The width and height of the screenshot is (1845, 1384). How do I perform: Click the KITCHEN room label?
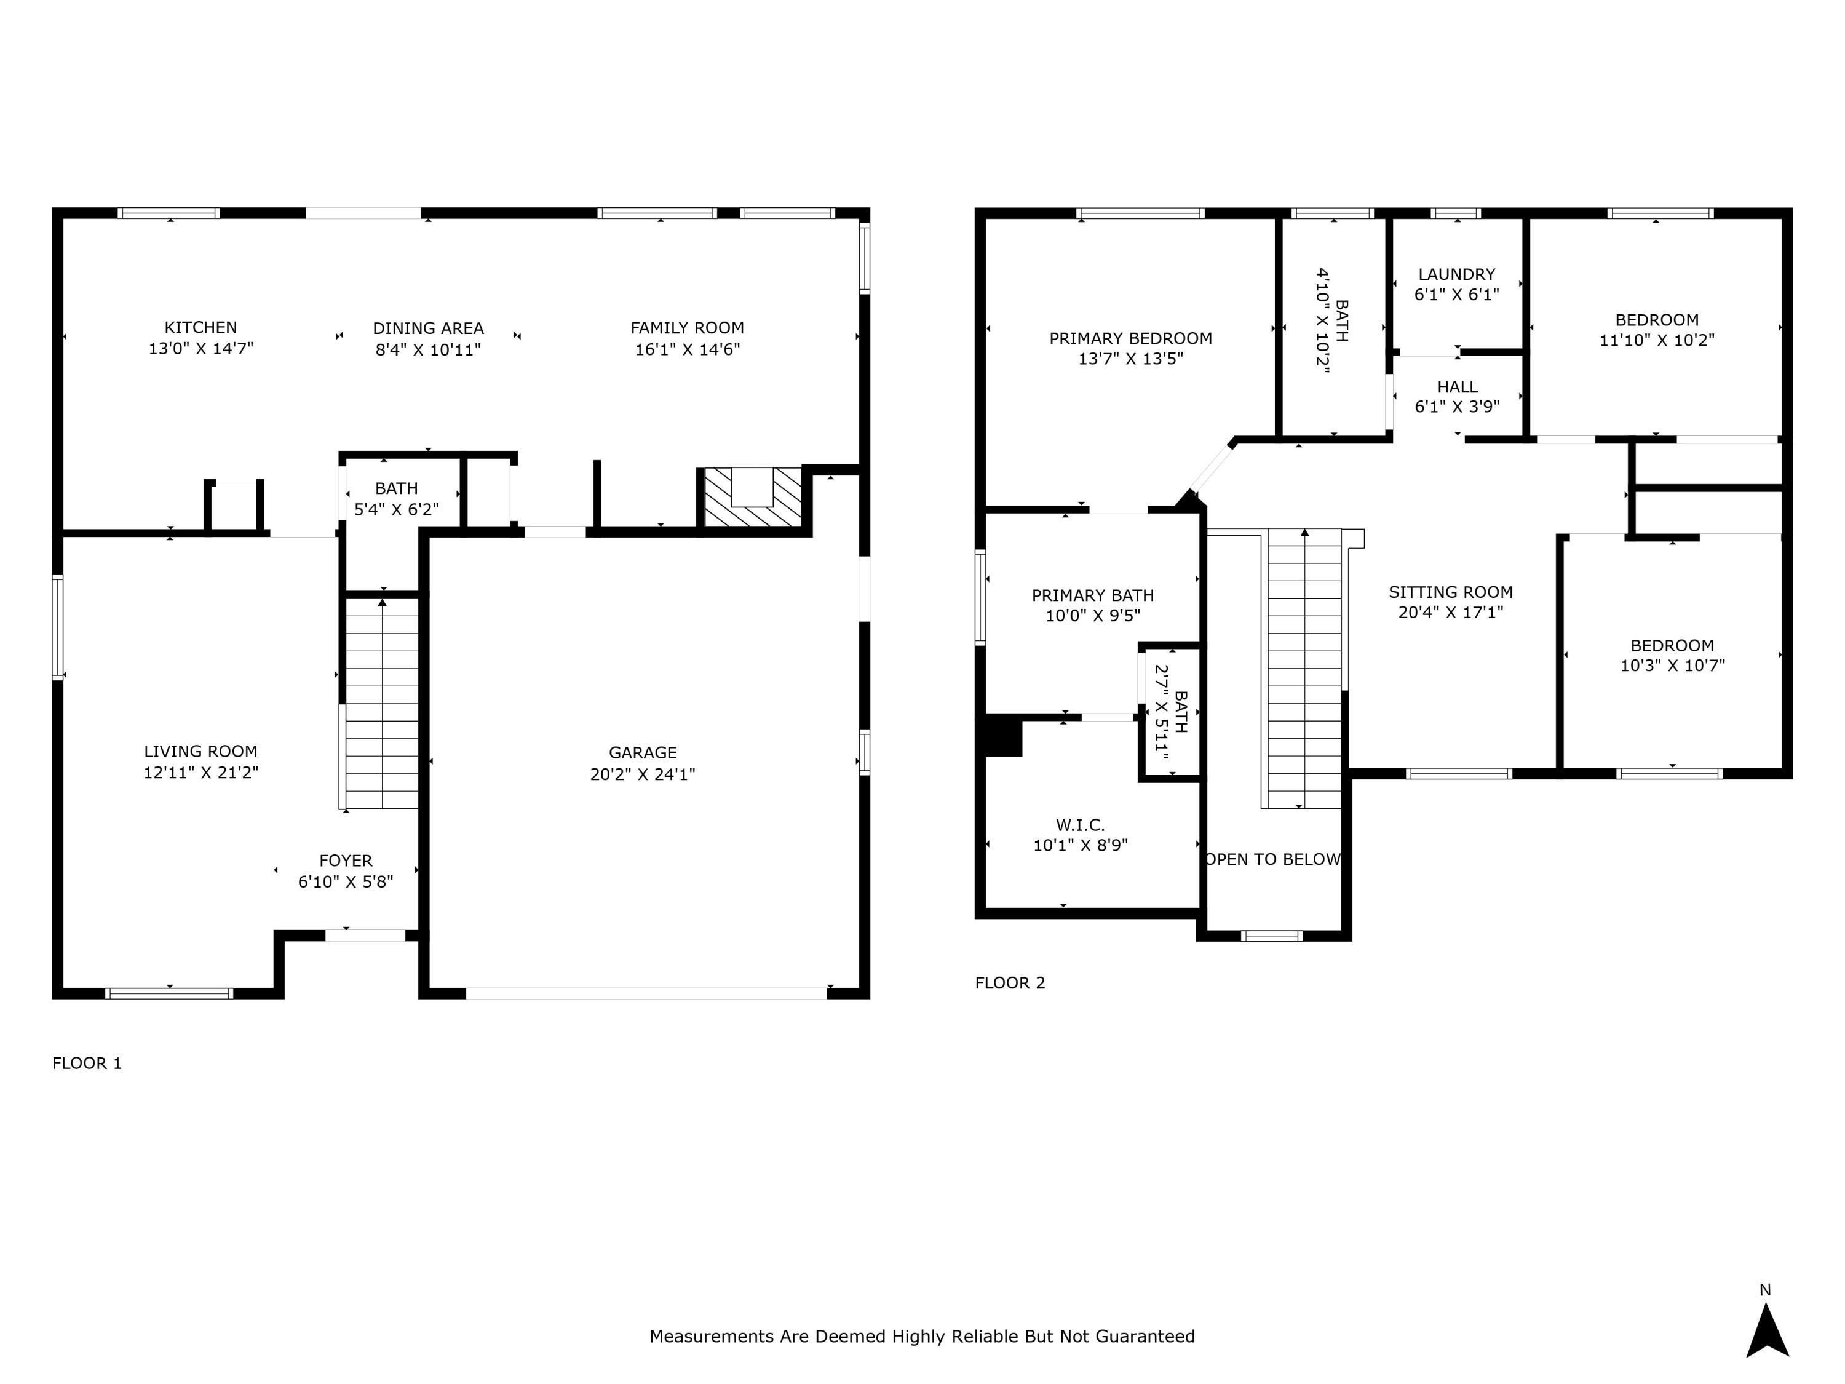click(x=200, y=328)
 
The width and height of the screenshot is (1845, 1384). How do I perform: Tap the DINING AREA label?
click(x=428, y=328)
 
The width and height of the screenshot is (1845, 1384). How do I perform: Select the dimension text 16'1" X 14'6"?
click(x=688, y=349)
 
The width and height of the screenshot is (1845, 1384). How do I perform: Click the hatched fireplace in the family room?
click(x=752, y=499)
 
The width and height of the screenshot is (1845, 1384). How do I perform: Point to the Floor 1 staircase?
click(x=382, y=705)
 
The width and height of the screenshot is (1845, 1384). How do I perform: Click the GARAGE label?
click(x=642, y=752)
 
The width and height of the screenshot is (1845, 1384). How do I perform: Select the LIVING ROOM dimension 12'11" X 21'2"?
click(x=201, y=773)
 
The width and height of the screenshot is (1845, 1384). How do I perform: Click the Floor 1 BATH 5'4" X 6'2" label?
click(x=396, y=499)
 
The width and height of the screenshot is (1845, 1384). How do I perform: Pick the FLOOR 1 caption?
click(x=87, y=1064)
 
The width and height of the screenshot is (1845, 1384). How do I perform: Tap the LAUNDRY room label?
click(x=1456, y=274)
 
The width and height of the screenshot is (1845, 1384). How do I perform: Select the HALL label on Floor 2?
click(x=1457, y=387)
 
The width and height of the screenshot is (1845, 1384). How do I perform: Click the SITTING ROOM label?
click(x=1450, y=592)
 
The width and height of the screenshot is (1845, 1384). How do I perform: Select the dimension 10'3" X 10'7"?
click(x=1672, y=666)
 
